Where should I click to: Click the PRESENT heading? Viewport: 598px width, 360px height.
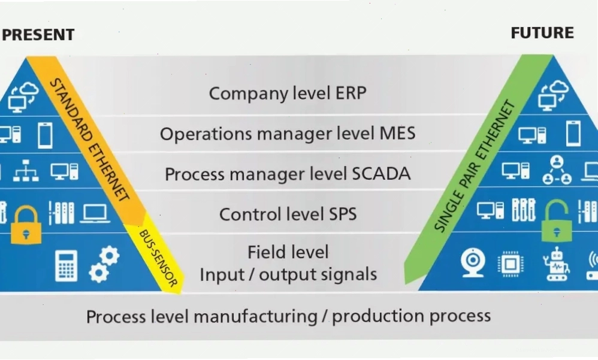38,35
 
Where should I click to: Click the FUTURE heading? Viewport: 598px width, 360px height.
542,33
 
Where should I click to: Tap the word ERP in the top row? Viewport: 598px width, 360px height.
351,93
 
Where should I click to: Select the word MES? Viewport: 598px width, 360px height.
397,134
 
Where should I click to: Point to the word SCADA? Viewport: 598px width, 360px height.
381,174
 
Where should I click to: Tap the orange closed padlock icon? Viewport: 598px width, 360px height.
26,225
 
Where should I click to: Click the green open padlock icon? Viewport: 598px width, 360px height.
557,221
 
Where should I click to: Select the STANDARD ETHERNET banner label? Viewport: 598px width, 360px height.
90,140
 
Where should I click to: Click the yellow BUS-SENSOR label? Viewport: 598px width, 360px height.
158,258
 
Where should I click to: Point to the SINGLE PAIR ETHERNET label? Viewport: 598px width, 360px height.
475,166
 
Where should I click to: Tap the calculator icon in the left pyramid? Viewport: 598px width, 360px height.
67,266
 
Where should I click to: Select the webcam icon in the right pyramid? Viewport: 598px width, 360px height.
473,263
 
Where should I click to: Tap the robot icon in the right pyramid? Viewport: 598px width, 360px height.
557,264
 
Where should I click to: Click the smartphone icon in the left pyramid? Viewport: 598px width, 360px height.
45,135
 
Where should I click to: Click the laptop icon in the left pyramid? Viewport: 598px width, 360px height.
95,214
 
